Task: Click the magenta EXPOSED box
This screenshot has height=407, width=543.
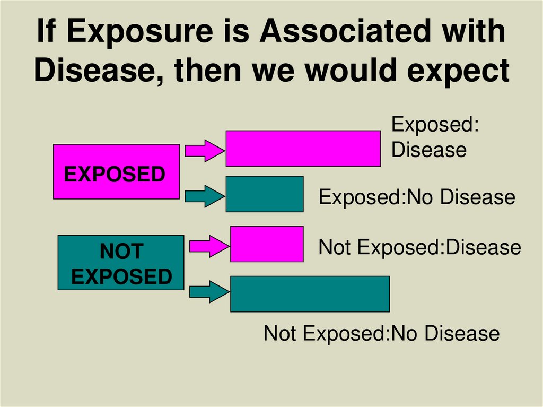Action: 116,171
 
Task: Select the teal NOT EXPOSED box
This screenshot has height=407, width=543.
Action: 121,263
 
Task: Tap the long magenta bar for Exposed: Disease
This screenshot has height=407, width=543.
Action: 303,148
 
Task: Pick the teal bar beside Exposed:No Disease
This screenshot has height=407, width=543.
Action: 265,194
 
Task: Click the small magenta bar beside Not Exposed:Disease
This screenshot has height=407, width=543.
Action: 267,244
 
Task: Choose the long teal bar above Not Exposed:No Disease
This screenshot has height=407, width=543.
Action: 310,293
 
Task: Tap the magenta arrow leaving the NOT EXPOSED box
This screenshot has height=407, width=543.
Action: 207,246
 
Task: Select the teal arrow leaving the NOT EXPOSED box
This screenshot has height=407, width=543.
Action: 207,291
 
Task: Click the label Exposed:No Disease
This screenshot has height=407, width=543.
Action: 416,197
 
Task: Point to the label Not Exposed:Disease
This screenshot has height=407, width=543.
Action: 419,247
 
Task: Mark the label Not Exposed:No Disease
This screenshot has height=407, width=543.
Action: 381,334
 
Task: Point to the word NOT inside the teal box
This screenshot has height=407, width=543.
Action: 121,252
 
